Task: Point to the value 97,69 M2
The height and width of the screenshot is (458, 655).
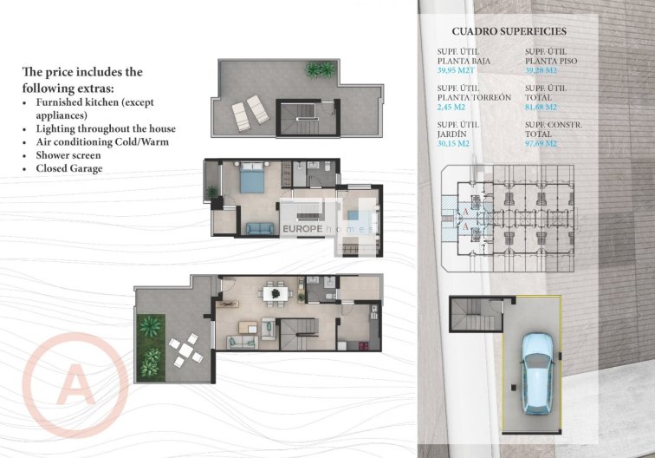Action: point(542,144)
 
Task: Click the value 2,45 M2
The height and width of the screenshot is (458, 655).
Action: point(451,108)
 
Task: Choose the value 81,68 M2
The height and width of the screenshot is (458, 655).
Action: point(542,108)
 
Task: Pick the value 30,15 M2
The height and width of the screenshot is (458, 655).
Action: point(454,144)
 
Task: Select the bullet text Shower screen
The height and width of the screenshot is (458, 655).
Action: point(68,154)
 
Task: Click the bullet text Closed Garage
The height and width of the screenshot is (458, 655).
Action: point(68,168)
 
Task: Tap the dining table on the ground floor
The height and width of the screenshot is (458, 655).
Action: point(276,294)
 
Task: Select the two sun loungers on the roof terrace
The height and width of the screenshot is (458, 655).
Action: point(248,110)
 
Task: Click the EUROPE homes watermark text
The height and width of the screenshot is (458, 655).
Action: point(328,229)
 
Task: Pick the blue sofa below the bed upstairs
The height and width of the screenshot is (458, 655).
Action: point(258,228)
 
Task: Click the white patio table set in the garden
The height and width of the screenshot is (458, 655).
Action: point(185,350)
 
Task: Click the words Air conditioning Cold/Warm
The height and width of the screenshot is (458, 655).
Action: point(101,141)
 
